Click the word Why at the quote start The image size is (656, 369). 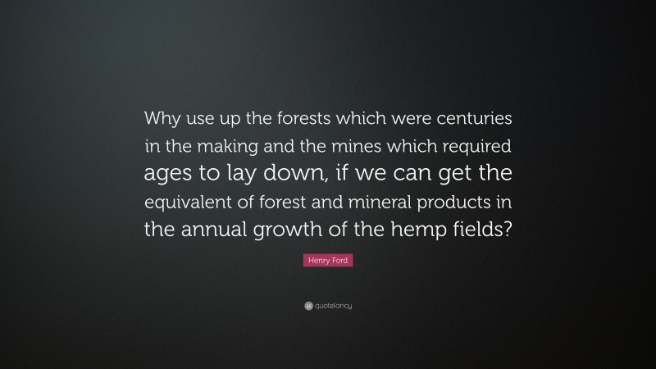pos(162,118)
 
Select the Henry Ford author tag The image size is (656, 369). pos(327,260)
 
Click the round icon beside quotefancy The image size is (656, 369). pos(307,306)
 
